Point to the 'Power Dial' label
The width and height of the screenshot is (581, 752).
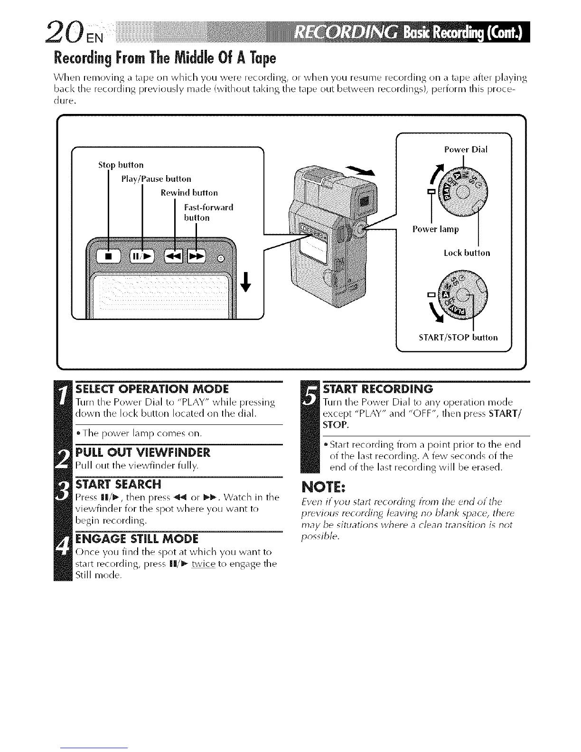[x=466, y=150]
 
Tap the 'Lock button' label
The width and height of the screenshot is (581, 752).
[x=467, y=253]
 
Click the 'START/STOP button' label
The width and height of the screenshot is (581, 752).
[x=458, y=338]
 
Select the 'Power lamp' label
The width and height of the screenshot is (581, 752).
[x=435, y=229]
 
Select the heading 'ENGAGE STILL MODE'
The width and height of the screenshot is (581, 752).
[x=137, y=539]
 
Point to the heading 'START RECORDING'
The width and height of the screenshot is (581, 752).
[x=378, y=389]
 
